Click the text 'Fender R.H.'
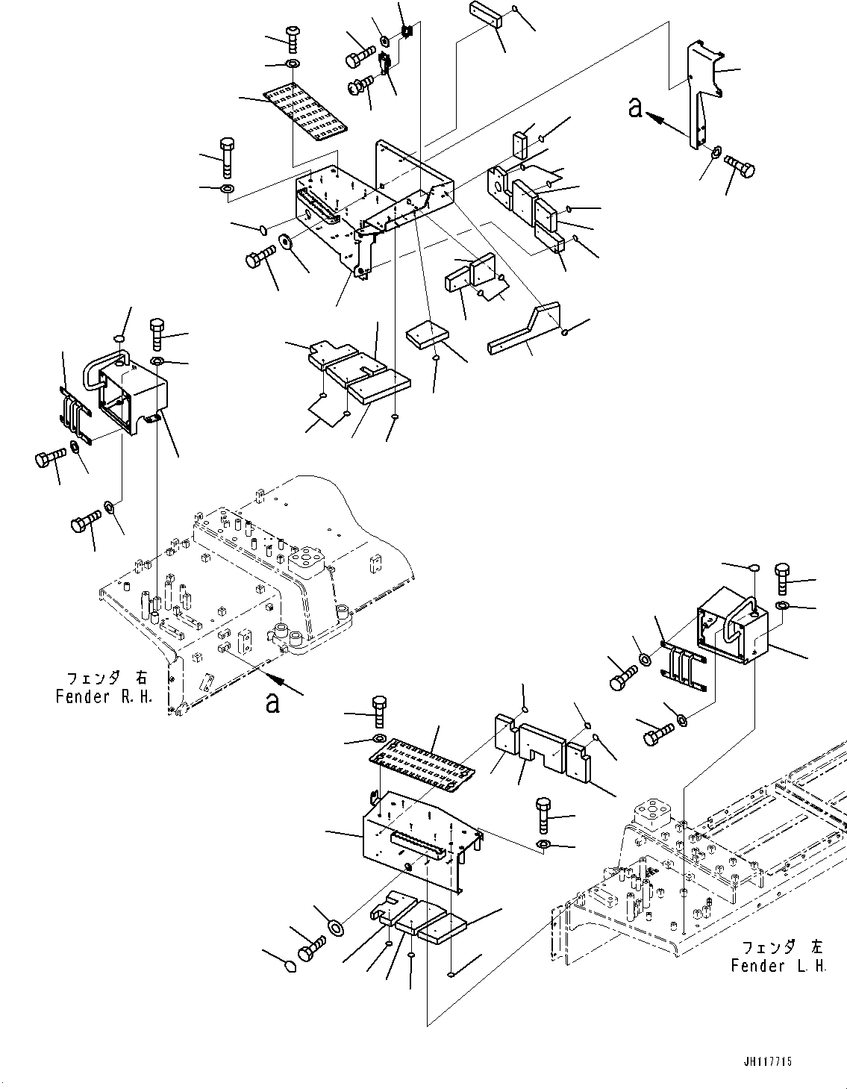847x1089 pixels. tap(104, 696)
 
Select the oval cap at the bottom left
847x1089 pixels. tap(291, 967)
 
